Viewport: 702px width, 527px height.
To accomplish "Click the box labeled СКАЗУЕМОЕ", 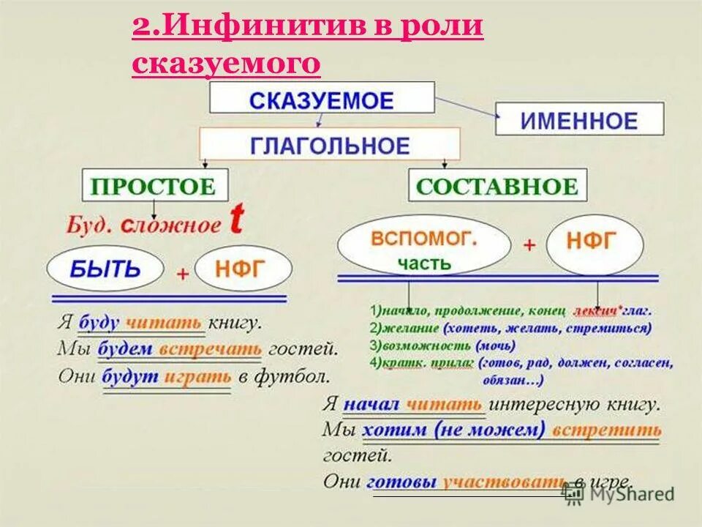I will (322, 98).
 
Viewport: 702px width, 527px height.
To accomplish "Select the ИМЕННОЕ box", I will (579, 119).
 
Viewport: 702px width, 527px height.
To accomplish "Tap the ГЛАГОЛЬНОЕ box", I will (330, 144).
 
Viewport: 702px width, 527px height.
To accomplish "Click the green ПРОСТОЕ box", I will (154, 185).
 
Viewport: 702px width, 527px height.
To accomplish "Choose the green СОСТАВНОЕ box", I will (497, 185).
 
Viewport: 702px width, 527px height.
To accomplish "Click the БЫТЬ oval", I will (105, 269).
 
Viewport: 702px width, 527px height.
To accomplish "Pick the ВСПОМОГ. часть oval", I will (425, 248).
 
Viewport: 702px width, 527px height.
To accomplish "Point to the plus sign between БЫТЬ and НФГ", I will (183, 274).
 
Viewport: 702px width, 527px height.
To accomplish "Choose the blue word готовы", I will (401, 482).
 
